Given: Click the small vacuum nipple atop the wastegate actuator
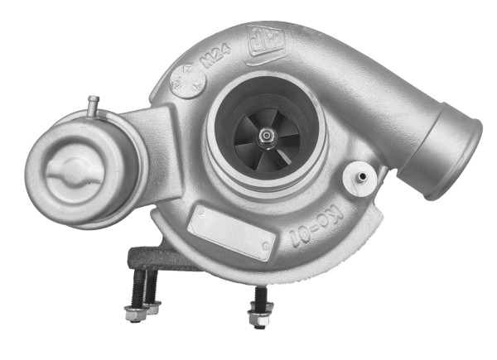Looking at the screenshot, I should point(94,105).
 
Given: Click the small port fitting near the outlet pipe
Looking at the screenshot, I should point(359,176).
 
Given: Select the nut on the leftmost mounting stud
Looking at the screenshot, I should point(132,314).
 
